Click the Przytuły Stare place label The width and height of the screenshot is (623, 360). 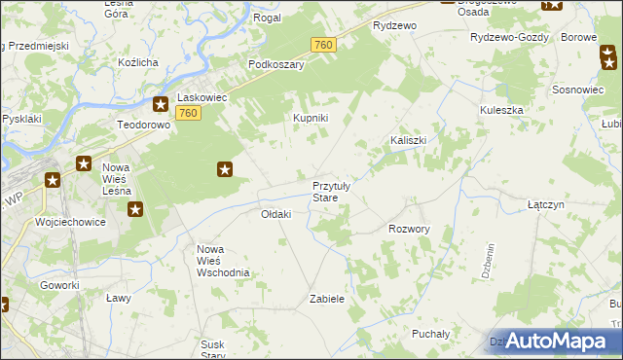coord(338,192)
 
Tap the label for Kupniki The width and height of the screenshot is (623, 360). coord(311,119)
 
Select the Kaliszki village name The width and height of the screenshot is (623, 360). coord(409,140)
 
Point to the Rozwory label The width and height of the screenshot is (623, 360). coord(409,229)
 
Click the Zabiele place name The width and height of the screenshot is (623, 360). coord(327,299)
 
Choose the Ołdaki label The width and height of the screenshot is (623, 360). coord(275,214)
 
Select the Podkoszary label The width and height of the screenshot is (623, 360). coord(276,65)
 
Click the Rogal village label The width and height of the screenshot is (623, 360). coord(267,18)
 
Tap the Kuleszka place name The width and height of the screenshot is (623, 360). coord(501,110)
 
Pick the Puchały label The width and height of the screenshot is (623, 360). coord(430,334)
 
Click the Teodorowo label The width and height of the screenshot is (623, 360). coord(144,126)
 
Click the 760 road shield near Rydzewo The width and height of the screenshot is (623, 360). coord(323,45)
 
